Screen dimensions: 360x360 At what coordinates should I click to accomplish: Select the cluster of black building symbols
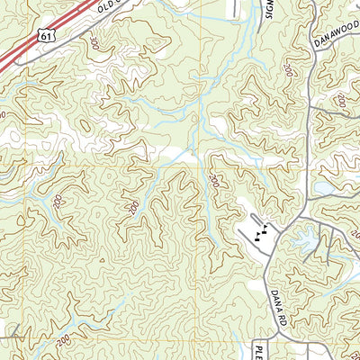tap(261, 236)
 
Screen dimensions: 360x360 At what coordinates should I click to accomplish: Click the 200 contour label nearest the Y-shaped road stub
tap(60, 341)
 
